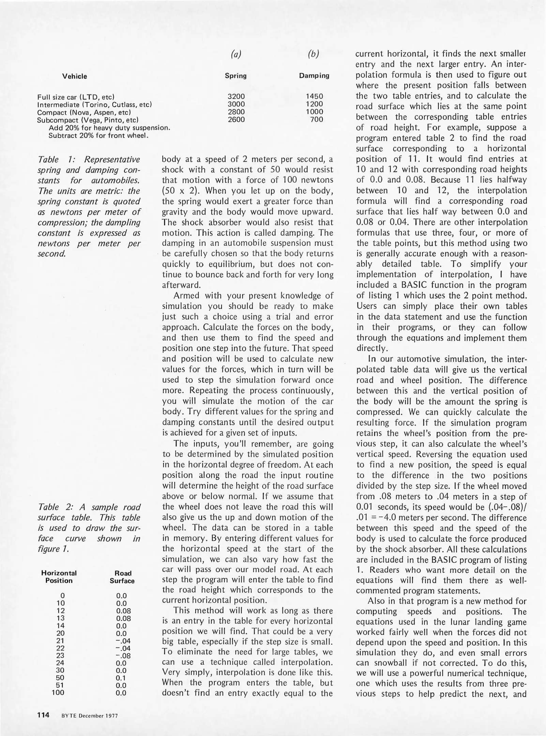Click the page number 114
(43, 715)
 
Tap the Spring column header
(236, 76)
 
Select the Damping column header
(314, 76)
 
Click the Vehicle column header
(74, 76)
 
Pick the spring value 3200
(236, 96)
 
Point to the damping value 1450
(314, 96)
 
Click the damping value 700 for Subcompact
(317, 119)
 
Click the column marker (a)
(236, 54)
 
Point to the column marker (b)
(314, 54)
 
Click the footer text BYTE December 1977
(90, 716)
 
